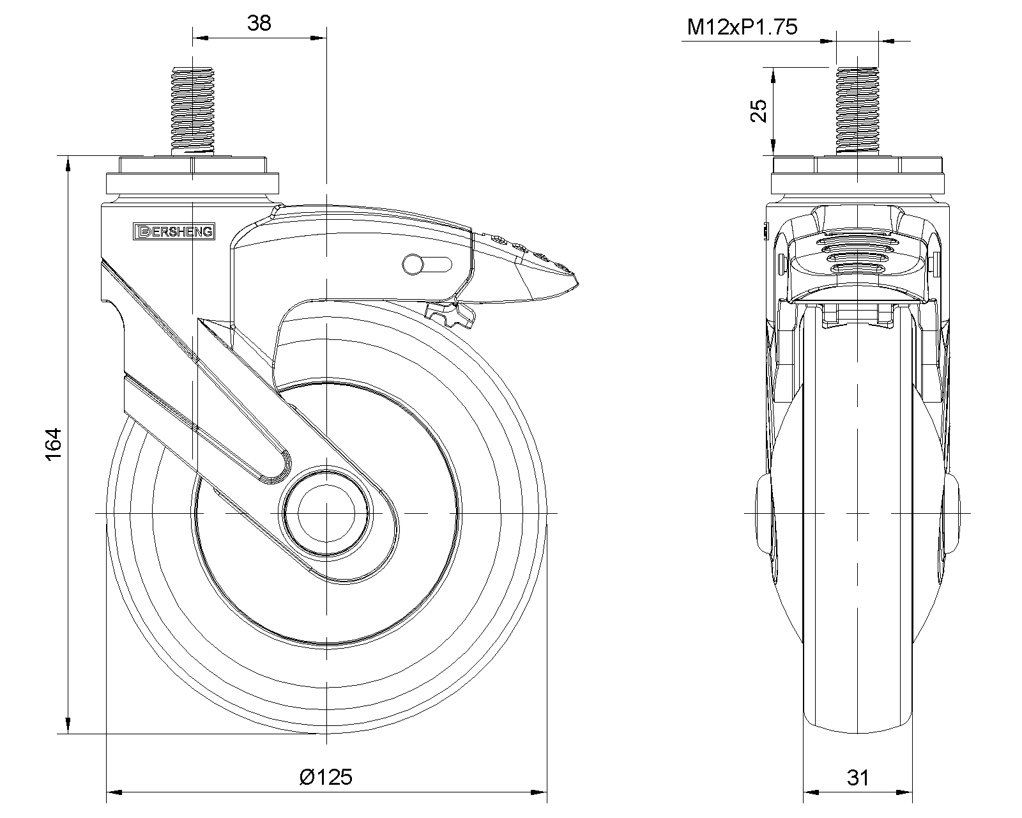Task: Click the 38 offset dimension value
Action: pyautogui.click(x=259, y=23)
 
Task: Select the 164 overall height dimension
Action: pyautogui.click(x=54, y=444)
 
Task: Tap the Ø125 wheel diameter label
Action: pyautogui.click(x=326, y=777)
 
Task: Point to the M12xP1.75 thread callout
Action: pyautogui.click(x=742, y=27)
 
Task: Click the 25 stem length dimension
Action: pyautogui.click(x=758, y=111)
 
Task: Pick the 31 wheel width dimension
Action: pyautogui.click(x=858, y=778)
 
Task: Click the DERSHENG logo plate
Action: pyautogui.click(x=174, y=231)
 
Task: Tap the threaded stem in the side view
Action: pyautogui.click(x=193, y=111)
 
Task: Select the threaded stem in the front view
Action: pyautogui.click(x=858, y=111)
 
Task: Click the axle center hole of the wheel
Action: pyautogui.click(x=326, y=513)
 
